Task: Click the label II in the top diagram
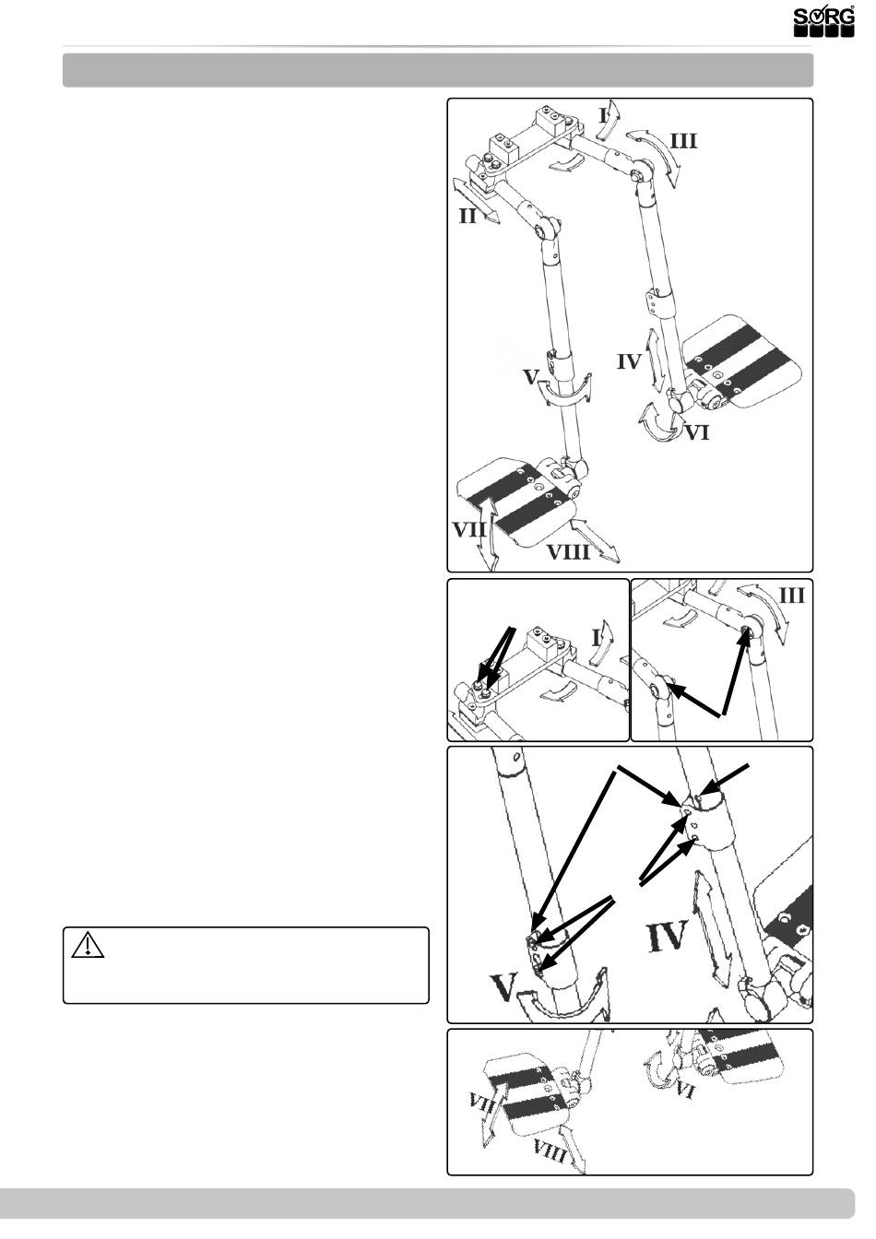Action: point(468,218)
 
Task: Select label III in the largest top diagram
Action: point(683,141)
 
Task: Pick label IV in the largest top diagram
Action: point(629,361)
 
